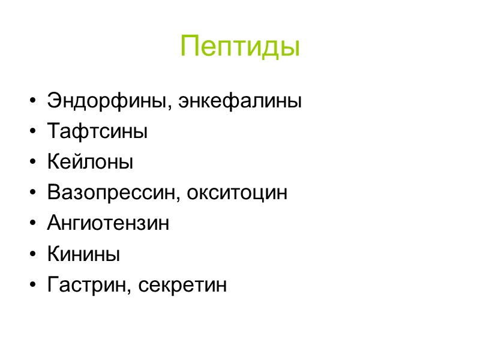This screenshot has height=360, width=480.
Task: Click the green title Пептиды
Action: [240, 46]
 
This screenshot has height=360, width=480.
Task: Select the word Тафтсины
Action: [97, 131]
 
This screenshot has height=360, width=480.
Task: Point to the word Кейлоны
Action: [90, 162]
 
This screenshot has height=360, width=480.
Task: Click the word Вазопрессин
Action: [113, 193]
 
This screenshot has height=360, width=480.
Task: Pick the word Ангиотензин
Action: [108, 224]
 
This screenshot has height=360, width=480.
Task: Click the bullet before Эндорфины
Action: [31, 101]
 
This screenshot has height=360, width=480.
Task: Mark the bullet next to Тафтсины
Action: [31, 132]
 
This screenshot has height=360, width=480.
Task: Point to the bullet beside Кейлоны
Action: [31, 163]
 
